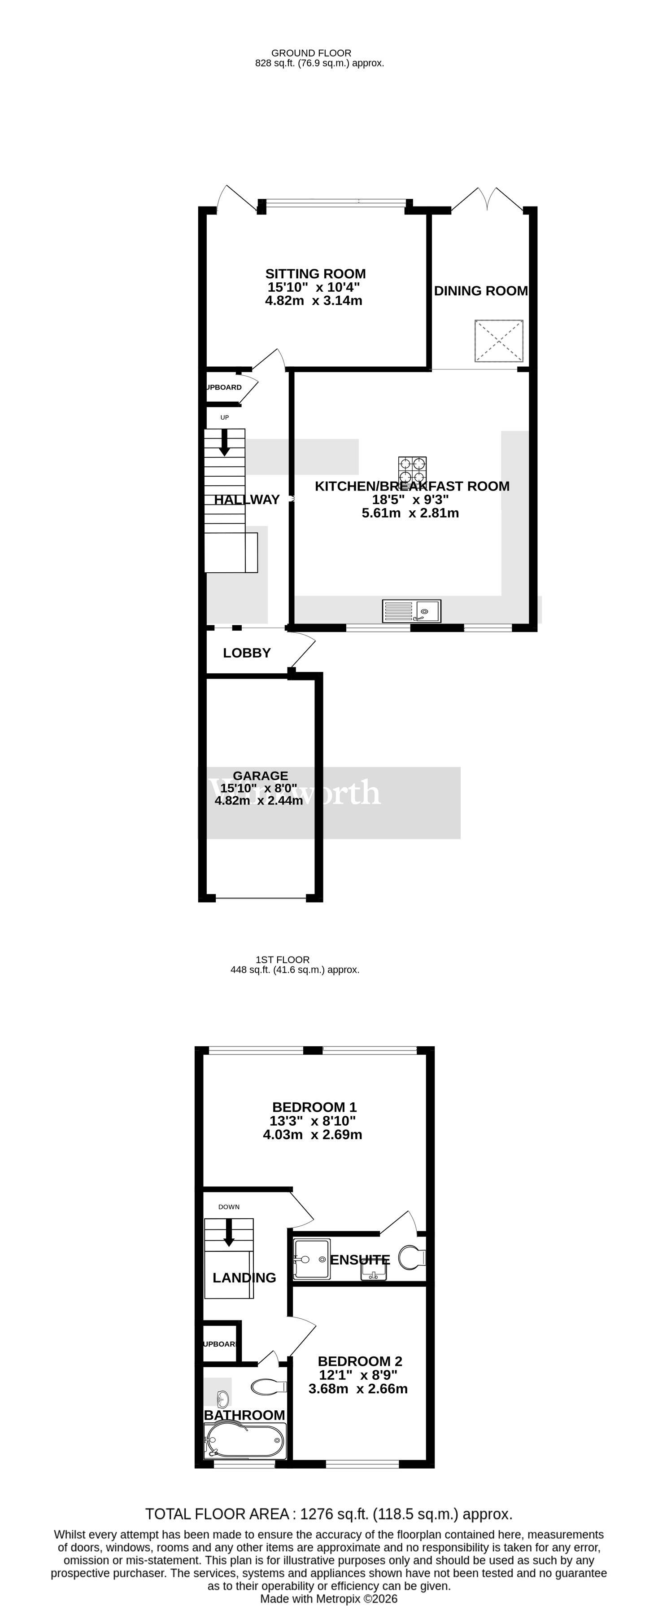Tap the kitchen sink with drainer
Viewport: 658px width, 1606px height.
point(411,611)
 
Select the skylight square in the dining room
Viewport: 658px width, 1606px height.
point(498,340)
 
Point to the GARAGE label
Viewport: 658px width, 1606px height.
point(261,776)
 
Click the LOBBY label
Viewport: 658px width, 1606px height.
point(247,653)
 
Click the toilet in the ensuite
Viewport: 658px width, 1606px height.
point(411,1258)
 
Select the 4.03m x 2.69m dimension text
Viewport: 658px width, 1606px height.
point(312,1134)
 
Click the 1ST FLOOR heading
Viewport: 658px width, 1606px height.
point(282,960)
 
